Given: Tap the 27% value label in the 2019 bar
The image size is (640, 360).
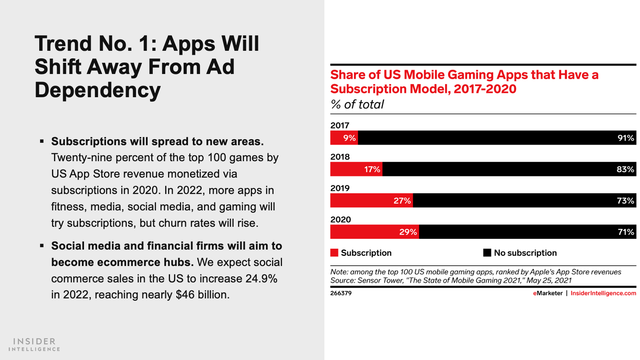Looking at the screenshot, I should click(x=402, y=201).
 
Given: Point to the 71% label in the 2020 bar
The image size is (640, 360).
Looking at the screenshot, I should click(x=626, y=232).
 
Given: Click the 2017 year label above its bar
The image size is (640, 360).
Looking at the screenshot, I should click(x=340, y=125).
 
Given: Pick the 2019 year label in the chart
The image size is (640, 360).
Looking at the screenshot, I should click(x=340, y=188).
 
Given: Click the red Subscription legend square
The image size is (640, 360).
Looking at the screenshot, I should click(x=334, y=253).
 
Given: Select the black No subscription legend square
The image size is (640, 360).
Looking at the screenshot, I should click(x=487, y=253).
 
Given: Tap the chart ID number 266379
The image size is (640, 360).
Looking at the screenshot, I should click(x=341, y=293).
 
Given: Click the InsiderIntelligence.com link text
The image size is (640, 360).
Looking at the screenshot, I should click(x=603, y=293).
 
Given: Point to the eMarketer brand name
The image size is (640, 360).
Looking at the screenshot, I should click(x=548, y=293).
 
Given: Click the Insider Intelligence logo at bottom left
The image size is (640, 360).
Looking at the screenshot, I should click(x=34, y=344).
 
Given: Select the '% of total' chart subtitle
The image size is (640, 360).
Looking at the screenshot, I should click(x=357, y=104).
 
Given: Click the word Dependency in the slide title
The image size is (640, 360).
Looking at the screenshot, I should click(x=98, y=90).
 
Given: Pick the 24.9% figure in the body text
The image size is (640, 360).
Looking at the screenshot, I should click(x=261, y=278).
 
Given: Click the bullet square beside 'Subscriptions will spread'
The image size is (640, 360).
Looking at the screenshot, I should click(x=42, y=141).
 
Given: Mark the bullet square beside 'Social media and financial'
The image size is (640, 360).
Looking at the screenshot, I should click(x=42, y=246).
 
